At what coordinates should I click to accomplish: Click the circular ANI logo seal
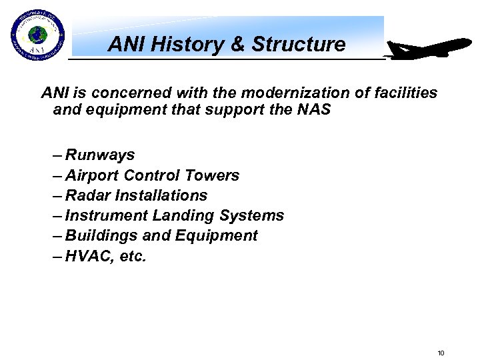point(37,35)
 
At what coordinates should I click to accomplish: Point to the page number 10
point(440,353)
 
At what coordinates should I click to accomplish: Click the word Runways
point(100,155)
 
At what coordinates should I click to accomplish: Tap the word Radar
point(88,195)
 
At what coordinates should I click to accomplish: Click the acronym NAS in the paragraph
point(313,109)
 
